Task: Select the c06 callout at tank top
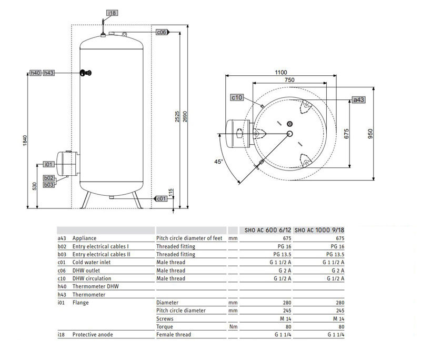[x=162, y=32]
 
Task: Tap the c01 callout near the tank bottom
[x=162, y=198]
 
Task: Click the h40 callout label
[x=35, y=73]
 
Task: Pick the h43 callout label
[x=49, y=73]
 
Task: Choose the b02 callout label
[x=49, y=178]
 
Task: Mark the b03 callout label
[x=49, y=185]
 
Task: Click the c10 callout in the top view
[x=236, y=97]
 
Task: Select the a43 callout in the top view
[x=358, y=99]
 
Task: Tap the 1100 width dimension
[x=280, y=72]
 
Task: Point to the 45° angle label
[x=218, y=161]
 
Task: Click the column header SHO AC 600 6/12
[x=267, y=230]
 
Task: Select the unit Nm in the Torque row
[x=231, y=326]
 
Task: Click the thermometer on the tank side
[x=85, y=73]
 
